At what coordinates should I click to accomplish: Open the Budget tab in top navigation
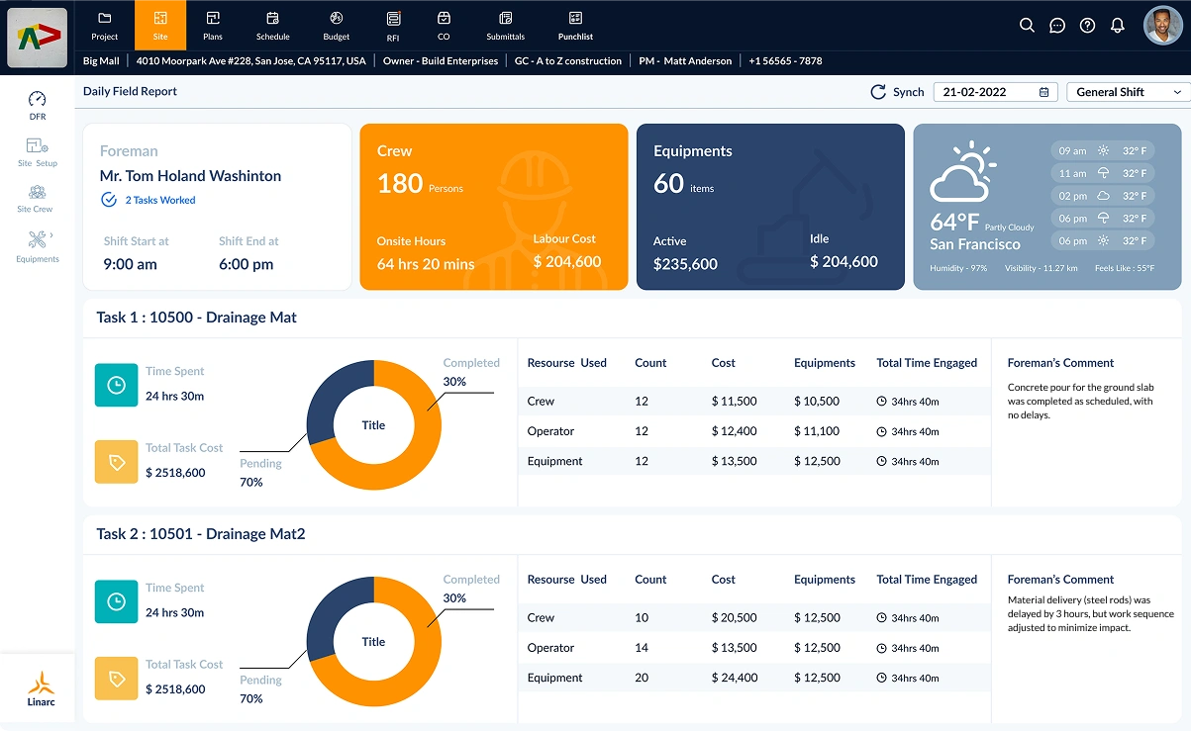click(x=336, y=26)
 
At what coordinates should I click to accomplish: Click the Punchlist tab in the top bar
click(x=575, y=26)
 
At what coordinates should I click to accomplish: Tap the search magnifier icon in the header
click(x=1027, y=26)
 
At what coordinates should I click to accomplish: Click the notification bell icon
click(x=1117, y=26)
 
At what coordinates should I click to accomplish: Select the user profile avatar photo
click(x=1162, y=26)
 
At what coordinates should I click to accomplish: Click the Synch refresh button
click(x=897, y=92)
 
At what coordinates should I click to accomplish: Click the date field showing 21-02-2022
click(x=994, y=92)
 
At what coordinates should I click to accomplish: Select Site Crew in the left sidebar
click(x=36, y=197)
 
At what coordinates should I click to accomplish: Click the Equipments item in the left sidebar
click(x=38, y=245)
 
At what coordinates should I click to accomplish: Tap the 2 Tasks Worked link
click(x=159, y=200)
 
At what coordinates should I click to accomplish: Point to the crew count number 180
click(x=400, y=183)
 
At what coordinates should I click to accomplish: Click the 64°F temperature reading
click(x=954, y=223)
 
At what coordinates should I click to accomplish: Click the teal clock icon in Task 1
click(x=116, y=385)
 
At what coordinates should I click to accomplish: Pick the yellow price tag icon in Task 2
click(x=116, y=679)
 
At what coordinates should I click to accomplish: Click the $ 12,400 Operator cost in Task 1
click(x=733, y=431)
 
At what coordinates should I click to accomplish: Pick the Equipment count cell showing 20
click(x=642, y=678)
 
